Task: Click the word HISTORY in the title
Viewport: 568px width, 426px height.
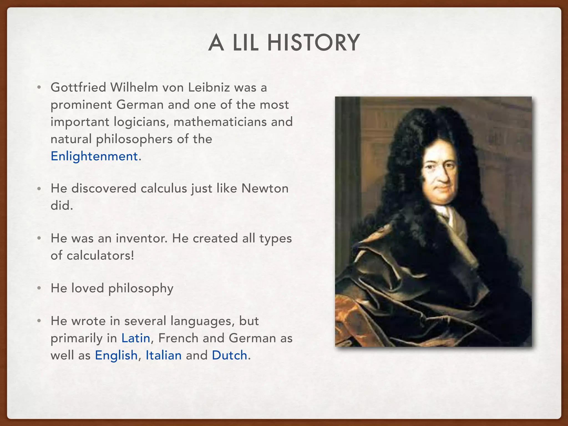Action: coord(313,43)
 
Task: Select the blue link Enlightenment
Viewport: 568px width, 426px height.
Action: coord(94,156)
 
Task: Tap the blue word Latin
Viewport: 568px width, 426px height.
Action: coord(136,338)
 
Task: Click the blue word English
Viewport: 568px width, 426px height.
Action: coord(116,355)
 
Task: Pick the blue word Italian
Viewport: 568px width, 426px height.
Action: coord(164,355)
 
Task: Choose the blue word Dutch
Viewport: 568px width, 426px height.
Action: coord(229,355)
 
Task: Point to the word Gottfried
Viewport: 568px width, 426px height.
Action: coord(78,87)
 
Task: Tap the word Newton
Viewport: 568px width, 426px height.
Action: coord(265,188)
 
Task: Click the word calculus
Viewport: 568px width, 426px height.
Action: coord(164,188)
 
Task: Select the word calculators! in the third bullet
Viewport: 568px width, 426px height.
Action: coord(100,255)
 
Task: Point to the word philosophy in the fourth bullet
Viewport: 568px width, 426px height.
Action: coord(141,288)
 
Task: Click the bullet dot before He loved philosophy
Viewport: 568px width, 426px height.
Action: coord(39,288)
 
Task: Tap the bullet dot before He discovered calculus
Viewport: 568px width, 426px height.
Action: coord(39,189)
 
